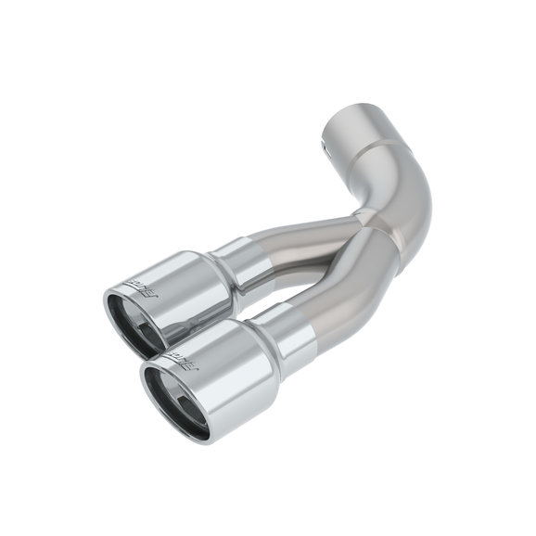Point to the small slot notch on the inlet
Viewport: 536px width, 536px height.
(325, 145)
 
